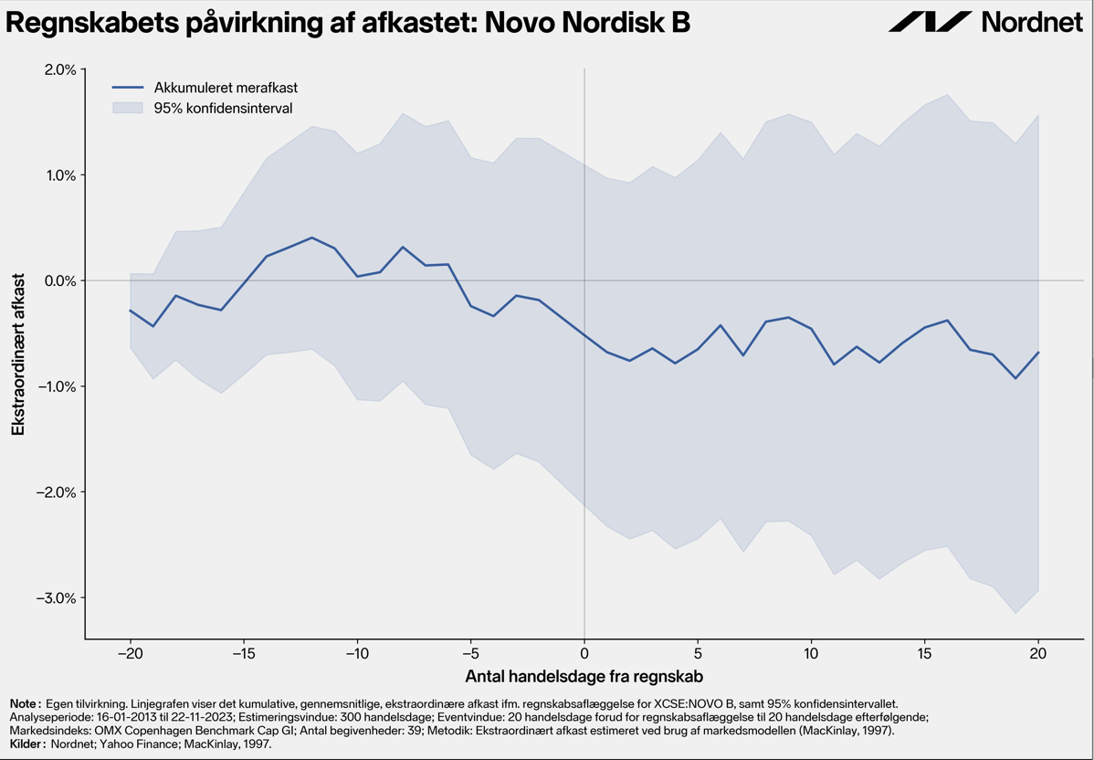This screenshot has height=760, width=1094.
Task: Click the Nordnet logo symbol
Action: pyautogui.click(x=930, y=22)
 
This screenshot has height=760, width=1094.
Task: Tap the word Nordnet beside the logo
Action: pyautogui.click(x=1034, y=22)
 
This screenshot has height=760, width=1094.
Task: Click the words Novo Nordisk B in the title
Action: pyautogui.click(x=587, y=23)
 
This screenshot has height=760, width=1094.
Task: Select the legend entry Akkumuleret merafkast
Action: pyautogui.click(x=226, y=88)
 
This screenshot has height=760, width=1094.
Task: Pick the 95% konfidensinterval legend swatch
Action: pyautogui.click(x=128, y=108)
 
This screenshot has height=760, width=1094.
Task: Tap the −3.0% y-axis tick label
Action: pyautogui.click(x=54, y=598)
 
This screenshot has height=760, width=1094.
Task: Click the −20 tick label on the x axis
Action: pyautogui.click(x=130, y=654)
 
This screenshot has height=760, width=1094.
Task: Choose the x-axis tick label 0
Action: pyautogui.click(x=584, y=654)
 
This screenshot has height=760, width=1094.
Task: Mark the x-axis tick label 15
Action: pyautogui.click(x=925, y=654)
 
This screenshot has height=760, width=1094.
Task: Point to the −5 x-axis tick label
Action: pyautogui.click(x=470, y=654)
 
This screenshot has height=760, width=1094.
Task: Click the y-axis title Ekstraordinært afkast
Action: pyautogui.click(x=18, y=354)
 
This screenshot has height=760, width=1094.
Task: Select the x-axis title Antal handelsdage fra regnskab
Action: pyautogui.click(x=584, y=677)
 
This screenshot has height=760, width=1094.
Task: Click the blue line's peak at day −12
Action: pyautogui.click(x=312, y=237)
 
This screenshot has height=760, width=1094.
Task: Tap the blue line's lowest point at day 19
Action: pyautogui.click(x=1015, y=378)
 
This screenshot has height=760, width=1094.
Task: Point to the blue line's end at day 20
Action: pyautogui.click(x=1039, y=353)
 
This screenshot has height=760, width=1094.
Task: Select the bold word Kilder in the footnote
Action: pyautogui.click(x=26, y=744)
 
